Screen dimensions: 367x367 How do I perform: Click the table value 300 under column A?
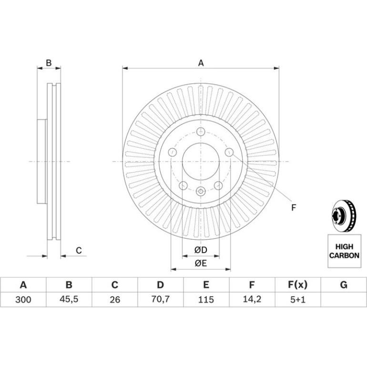pos(23,299)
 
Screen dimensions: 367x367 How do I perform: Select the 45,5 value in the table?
pos(69,299)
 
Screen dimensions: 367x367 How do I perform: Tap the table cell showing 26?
pos(115,299)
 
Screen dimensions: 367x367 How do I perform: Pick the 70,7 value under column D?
pos(160,299)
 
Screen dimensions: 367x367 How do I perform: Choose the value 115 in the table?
pos(206,299)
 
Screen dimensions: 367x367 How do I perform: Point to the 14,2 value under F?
pos(252,299)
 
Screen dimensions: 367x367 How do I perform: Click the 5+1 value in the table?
pos(298,299)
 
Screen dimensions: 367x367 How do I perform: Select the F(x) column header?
pos(297,285)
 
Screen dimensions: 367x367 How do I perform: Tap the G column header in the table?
pos(344,285)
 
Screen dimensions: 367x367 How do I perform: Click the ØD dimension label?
pos(201,250)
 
